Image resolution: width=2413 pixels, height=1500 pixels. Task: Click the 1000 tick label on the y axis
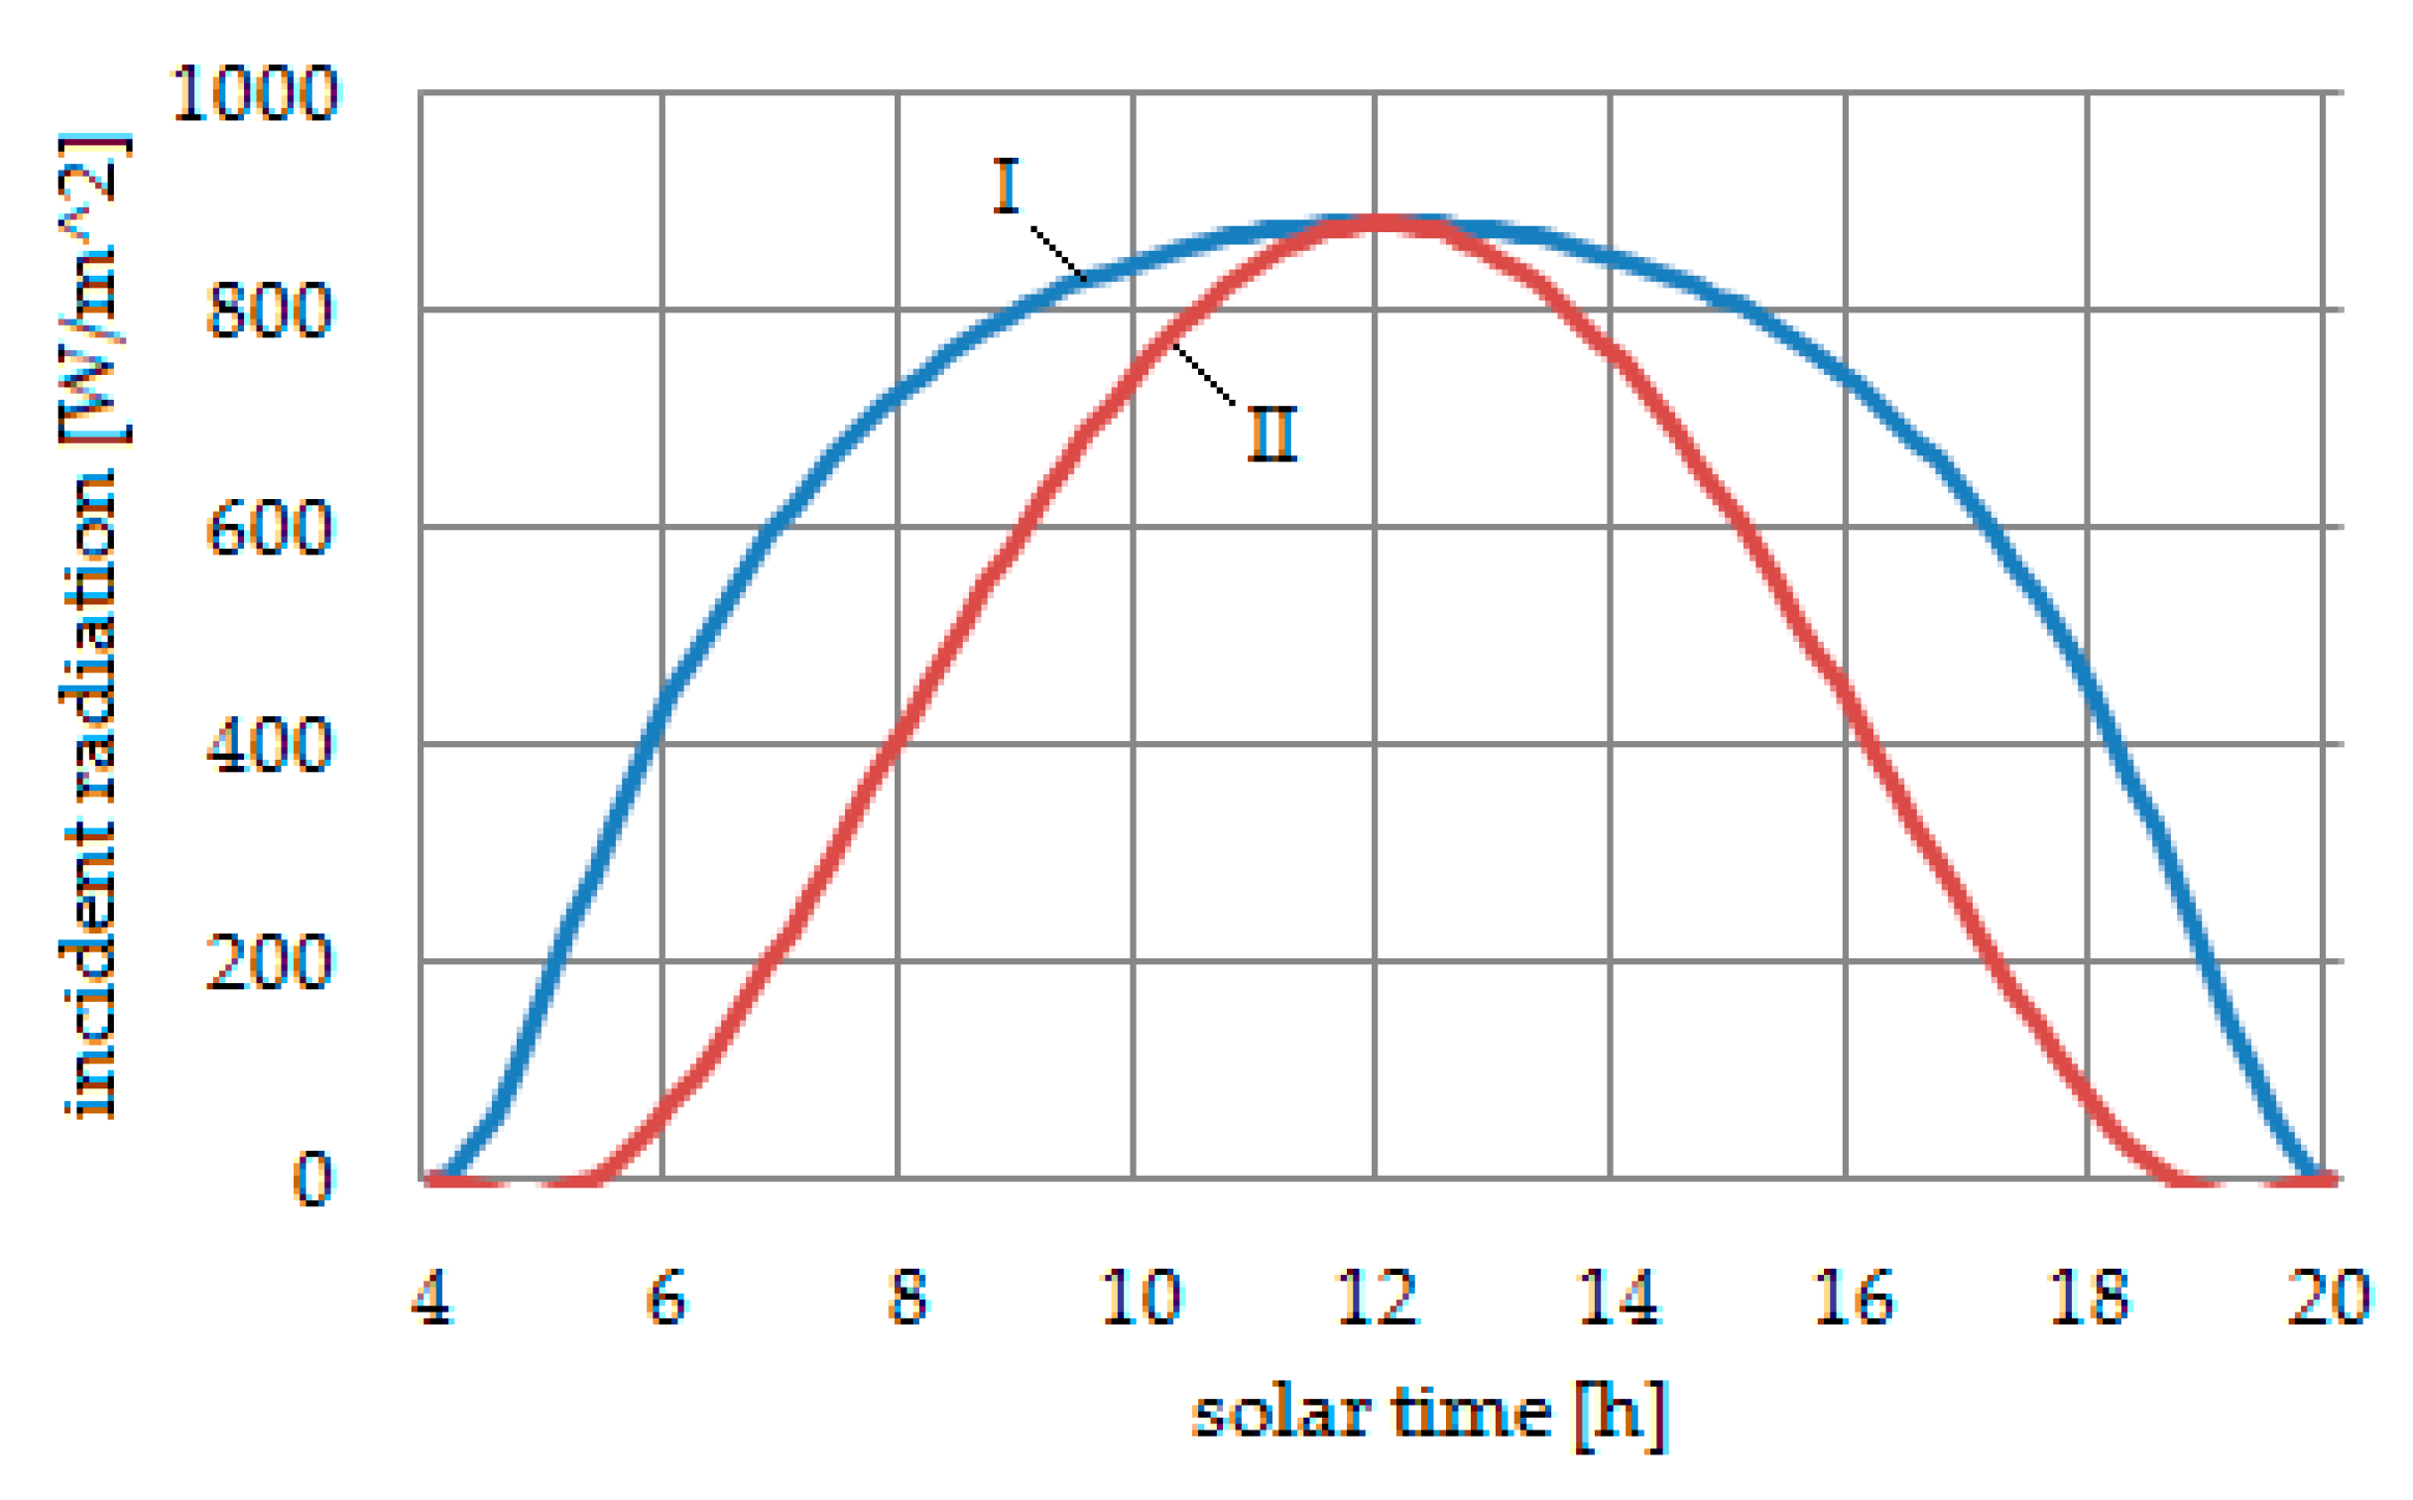point(255,94)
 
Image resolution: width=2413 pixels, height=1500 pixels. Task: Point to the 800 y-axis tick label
point(270,311)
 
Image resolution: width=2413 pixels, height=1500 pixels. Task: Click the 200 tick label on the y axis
point(270,961)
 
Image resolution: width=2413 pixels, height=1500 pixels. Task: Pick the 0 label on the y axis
point(312,1180)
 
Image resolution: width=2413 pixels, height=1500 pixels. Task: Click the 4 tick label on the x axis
point(432,1298)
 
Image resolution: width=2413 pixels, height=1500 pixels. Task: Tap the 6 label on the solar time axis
point(665,1298)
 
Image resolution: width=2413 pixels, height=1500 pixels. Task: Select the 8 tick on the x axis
point(907,1298)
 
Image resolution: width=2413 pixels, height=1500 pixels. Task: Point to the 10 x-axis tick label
point(1141,1298)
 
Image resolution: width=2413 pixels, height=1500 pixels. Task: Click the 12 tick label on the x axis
point(1378,1298)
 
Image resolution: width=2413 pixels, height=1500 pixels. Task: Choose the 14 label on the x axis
point(1618,1298)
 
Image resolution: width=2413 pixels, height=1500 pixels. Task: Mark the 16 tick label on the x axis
point(1853,1298)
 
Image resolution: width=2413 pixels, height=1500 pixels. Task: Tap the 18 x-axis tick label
point(2089,1298)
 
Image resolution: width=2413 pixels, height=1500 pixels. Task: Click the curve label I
point(1006,186)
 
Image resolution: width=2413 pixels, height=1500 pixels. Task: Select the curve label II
point(1271,435)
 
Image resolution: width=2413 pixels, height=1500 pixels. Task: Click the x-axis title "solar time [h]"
point(1429,1415)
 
